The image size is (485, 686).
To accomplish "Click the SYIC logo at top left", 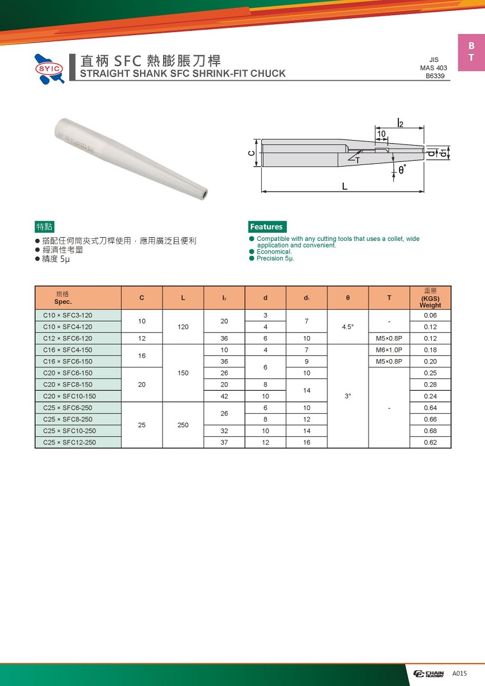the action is pos(50,69).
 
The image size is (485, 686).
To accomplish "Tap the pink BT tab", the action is pos(471,52).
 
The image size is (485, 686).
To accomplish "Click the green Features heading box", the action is pos(267,227).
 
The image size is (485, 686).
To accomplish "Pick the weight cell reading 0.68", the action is pos(430,431).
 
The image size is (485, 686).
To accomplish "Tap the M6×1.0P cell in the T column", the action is pos(389,350).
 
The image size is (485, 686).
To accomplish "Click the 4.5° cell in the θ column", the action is pos(347,327).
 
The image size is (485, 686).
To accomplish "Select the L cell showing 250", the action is pos(183,425).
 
